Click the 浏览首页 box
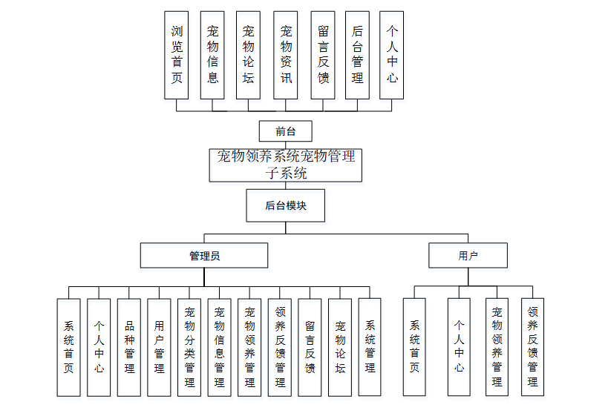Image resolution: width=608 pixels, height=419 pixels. (x=177, y=55)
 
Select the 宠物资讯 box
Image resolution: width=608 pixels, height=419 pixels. (x=286, y=55)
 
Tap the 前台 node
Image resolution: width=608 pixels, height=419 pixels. (x=285, y=131)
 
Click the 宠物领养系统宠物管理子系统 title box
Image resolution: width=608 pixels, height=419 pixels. (x=285, y=165)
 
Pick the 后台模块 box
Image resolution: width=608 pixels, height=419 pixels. (x=286, y=205)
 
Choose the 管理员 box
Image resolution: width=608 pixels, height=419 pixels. (x=204, y=256)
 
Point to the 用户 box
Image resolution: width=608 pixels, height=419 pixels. (x=468, y=256)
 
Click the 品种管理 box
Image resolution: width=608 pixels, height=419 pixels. (x=129, y=346)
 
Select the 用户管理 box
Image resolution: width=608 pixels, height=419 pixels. (x=159, y=346)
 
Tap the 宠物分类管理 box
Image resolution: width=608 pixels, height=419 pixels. (x=189, y=346)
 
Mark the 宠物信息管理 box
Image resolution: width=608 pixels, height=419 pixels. (x=220, y=346)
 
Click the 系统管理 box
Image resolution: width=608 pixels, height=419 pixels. (x=370, y=346)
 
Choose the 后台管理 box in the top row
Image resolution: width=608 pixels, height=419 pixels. (x=357, y=55)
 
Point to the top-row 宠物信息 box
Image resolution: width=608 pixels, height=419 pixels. (x=213, y=55)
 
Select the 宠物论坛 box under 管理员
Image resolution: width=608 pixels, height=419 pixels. (x=340, y=346)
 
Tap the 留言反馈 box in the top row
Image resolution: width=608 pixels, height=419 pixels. (x=323, y=55)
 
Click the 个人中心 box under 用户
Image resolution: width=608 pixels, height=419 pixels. (x=460, y=346)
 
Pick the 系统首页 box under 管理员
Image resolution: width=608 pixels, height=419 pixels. (x=68, y=346)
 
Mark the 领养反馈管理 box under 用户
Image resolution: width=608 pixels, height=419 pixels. (x=532, y=346)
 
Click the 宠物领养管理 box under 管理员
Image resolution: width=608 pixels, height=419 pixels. (x=249, y=346)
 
